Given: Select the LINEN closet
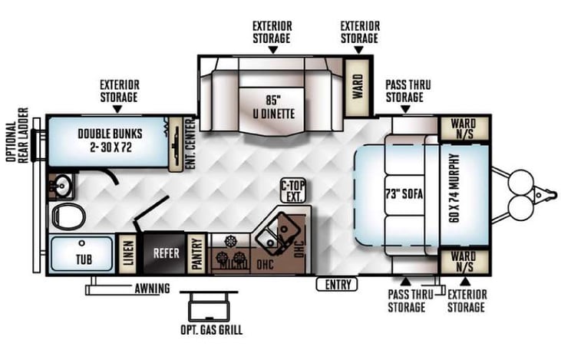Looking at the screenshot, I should (128, 253).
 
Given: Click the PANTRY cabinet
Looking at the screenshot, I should (196, 253).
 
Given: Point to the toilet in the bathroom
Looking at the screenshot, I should (68, 216).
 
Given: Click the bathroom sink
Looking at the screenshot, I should (60, 184).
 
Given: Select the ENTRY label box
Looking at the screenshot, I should (336, 285).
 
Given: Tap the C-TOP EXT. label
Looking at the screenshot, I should (291, 190).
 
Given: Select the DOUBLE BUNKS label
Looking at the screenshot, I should (106, 139).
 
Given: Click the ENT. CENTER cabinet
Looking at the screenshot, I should (180, 142).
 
